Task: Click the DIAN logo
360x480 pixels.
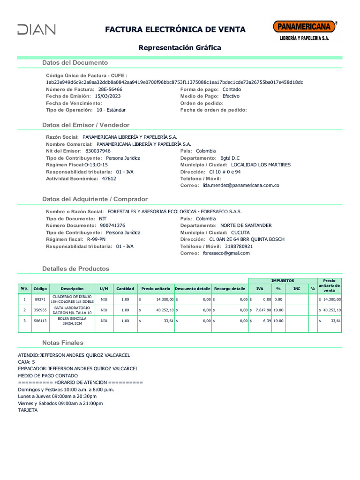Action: pyautogui.click(x=37, y=30)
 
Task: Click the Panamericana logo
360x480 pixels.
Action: pyautogui.click(x=304, y=30)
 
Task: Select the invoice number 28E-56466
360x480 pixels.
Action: pyautogui.click(x=110, y=89)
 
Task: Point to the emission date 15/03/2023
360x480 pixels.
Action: pyautogui.click(x=108, y=96)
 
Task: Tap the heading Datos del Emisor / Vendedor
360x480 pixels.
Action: pyautogui.click(x=86, y=125)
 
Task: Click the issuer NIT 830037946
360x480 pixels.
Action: pyautogui.click(x=98, y=151)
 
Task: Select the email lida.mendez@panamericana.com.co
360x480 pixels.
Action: pyautogui.click(x=241, y=186)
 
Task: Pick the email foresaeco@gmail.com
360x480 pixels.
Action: pyautogui.click(x=226, y=253)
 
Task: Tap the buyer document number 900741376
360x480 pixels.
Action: pyautogui.click(x=112, y=225)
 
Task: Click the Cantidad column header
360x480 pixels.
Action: pyautogui.click(x=125, y=289)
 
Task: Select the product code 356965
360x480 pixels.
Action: pyautogui.click(x=40, y=310)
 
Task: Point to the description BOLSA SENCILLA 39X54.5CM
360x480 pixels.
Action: pyautogui.click(x=72, y=321)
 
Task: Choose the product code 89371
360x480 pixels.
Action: pyautogui.click(x=40, y=299)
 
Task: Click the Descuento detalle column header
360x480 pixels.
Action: pyautogui.click(x=193, y=289)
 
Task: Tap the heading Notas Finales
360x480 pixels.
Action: pyautogui.click(x=62, y=343)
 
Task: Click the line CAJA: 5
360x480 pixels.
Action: pyautogui.click(x=26, y=362)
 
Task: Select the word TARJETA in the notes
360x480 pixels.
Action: pyautogui.click(x=28, y=410)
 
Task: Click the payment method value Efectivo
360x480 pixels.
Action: pyautogui.click(x=231, y=96)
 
